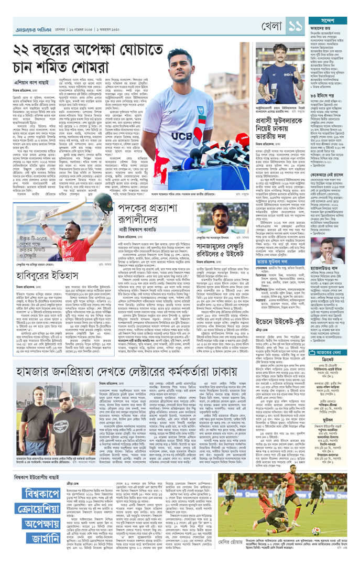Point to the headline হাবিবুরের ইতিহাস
49,258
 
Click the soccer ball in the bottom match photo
315,530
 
